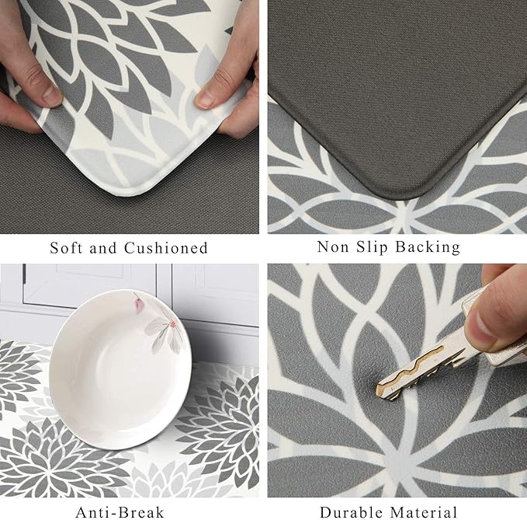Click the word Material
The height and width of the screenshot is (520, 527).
click(424, 512)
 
